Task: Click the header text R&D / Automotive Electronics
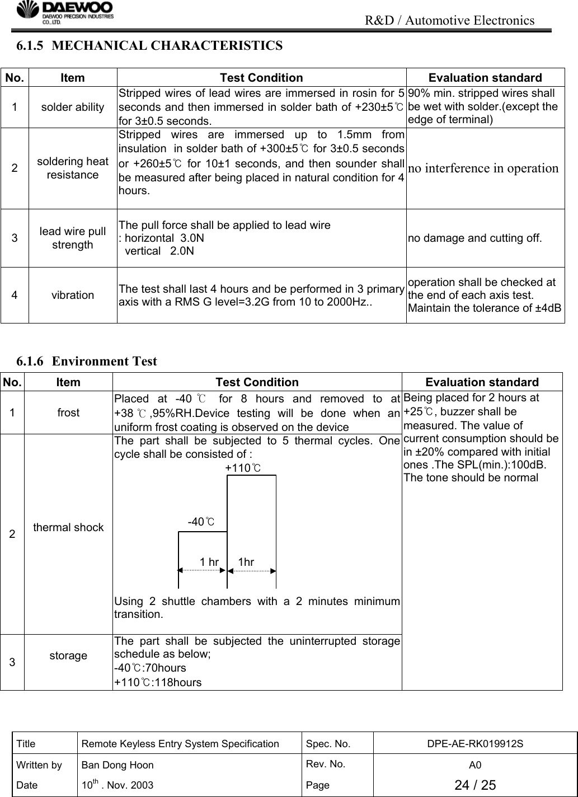(x=449, y=21)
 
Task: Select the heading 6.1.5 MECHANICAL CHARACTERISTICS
(x=149, y=46)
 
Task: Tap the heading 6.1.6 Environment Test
(x=87, y=361)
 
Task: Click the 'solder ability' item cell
(x=72, y=107)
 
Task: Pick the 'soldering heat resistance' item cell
(x=72, y=168)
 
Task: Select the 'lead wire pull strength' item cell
(x=72, y=238)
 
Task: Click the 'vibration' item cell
(x=72, y=295)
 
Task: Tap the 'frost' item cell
(x=68, y=412)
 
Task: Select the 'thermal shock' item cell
(x=68, y=527)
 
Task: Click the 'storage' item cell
(x=68, y=655)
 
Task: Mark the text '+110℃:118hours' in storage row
(x=158, y=682)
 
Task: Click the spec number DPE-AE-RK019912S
(x=475, y=744)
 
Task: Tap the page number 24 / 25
(x=475, y=785)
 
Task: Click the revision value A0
(x=475, y=765)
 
